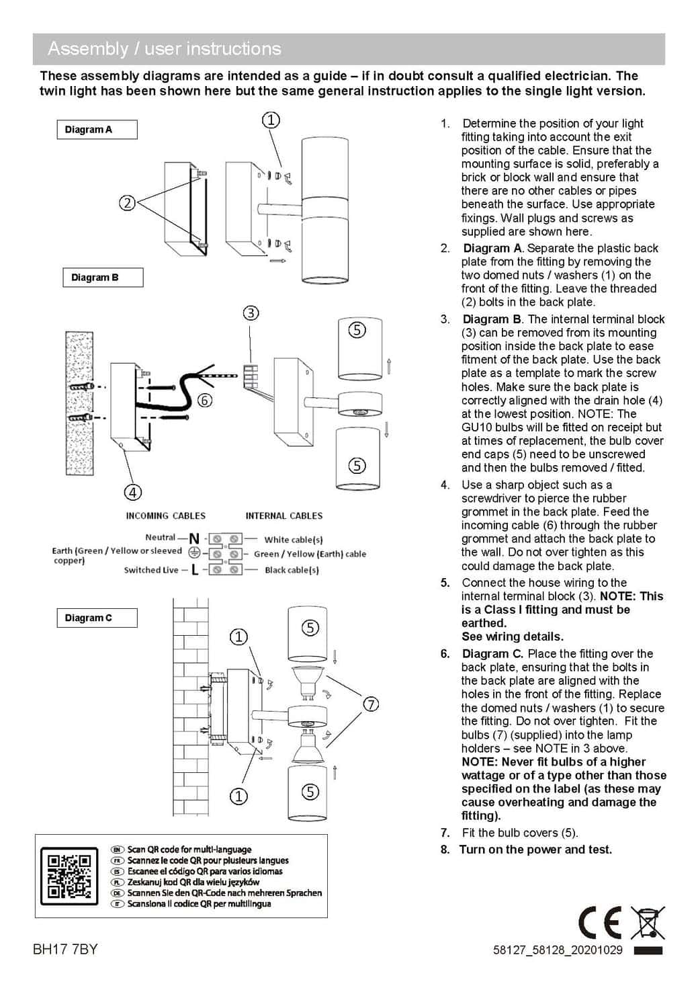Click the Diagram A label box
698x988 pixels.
pyautogui.click(x=96, y=130)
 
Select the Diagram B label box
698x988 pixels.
pyautogui.click(x=102, y=278)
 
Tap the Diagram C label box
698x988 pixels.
pyautogui.click(x=96, y=618)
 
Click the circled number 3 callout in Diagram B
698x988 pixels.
pyautogui.click(x=251, y=313)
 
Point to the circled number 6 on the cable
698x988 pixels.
pyautogui.click(x=205, y=401)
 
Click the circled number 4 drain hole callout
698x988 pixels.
pyautogui.click(x=133, y=492)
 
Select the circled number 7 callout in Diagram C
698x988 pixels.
pyautogui.click(x=371, y=704)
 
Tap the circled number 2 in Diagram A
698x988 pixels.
pyautogui.click(x=127, y=202)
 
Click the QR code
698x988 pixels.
pyautogui.click(x=66, y=876)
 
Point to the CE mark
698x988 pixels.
pyautogui.click(x=600, y=923)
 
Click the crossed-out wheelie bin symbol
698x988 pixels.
pyautogui.click(x=648, y=923)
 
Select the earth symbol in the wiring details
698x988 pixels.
pyautogui.click(x=193, y=552)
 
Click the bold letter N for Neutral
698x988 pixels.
pyautogui.click(x=194, y=538)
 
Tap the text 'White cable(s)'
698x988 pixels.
pyautogui.click(x=293, y=539)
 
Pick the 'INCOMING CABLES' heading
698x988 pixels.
pyautogui.click(x=166, y=516)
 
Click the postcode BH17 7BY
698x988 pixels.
pyautogui.click(x=65, y=949)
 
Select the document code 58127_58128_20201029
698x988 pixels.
pyautogui.click(x=558, y=950)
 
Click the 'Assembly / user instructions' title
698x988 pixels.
pyautogui.click(x=165, y=49)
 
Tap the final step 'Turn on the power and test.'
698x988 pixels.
pyautogui.click(x=535, y=850)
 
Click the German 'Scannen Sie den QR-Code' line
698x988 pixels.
pyautogui.click(x=224, y=893)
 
